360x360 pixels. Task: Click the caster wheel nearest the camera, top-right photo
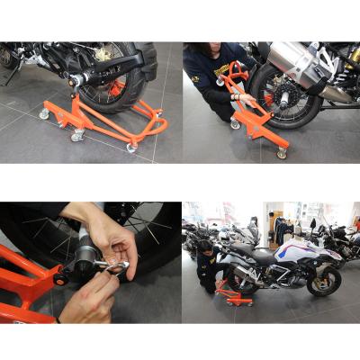coord(282,153)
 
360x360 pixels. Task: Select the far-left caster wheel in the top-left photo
coord(44,113)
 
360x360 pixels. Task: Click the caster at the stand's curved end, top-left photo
coord(132,147)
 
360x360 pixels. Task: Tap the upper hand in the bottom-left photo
coord(108,236)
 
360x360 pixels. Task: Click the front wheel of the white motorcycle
coord(324,279)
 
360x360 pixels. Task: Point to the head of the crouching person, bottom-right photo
coord(206,245)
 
